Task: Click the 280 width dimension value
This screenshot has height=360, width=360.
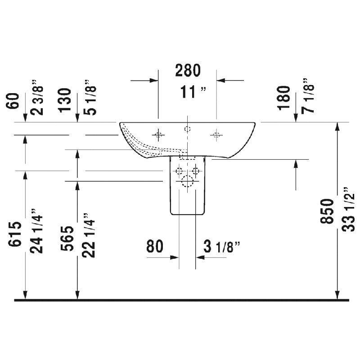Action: pos(188,70)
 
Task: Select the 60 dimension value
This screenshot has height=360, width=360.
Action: pos(13,101)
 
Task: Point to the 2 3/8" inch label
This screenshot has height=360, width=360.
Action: pos(36,97)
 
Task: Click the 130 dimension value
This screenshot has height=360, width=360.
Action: pos(64,100)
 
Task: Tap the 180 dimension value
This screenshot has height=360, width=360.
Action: pos(283,98)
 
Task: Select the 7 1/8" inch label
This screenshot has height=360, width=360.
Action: pos(308,95)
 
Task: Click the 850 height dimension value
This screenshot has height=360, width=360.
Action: pos(327,211)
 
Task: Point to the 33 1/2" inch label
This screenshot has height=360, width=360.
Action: pos(348,209)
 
